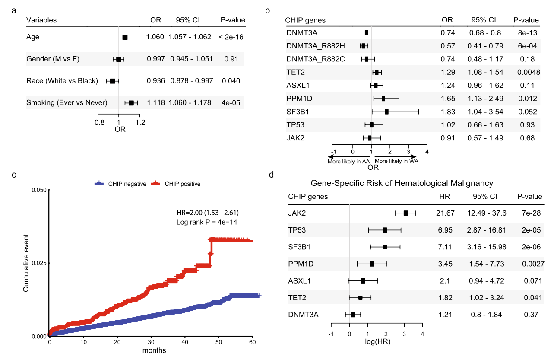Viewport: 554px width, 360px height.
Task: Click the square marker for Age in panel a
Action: point(125,37)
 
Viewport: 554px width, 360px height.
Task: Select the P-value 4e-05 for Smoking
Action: point(232,103)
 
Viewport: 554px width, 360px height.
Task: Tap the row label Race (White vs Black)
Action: point(62,81)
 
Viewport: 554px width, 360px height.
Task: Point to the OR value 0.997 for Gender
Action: point(155,59)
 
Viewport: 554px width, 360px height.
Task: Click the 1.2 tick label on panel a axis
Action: point(139,122)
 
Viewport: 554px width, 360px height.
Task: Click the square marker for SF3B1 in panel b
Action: point(386,112)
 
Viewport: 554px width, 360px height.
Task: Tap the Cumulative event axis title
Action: point(26,263)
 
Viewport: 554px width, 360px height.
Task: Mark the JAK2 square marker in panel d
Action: point(405,213)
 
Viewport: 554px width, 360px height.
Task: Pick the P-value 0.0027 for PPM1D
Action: point(530,263)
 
